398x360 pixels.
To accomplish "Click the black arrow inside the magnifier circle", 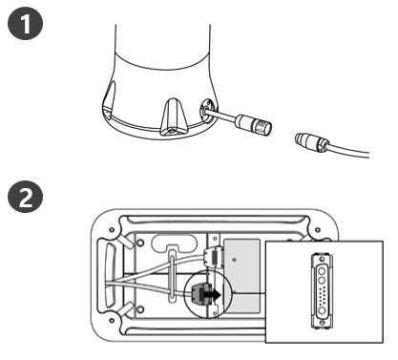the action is coord(212,294).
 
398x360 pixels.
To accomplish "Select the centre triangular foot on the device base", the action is coord(173,117).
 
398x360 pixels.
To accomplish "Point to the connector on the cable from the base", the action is coord(254,124).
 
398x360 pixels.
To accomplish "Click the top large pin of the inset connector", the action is coord(322,271).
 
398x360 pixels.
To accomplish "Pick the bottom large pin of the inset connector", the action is coord(322,310).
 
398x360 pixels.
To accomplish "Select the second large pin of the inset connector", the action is coord(322,281).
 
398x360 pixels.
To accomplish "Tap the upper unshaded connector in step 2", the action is coord(213,256).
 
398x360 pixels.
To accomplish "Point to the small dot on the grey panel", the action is coord(235,260).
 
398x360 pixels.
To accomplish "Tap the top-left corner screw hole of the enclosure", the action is coord(112,229).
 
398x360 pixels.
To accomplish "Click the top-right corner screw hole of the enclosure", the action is coord(317,229).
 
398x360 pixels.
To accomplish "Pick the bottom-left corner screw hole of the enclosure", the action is coord(112,320).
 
